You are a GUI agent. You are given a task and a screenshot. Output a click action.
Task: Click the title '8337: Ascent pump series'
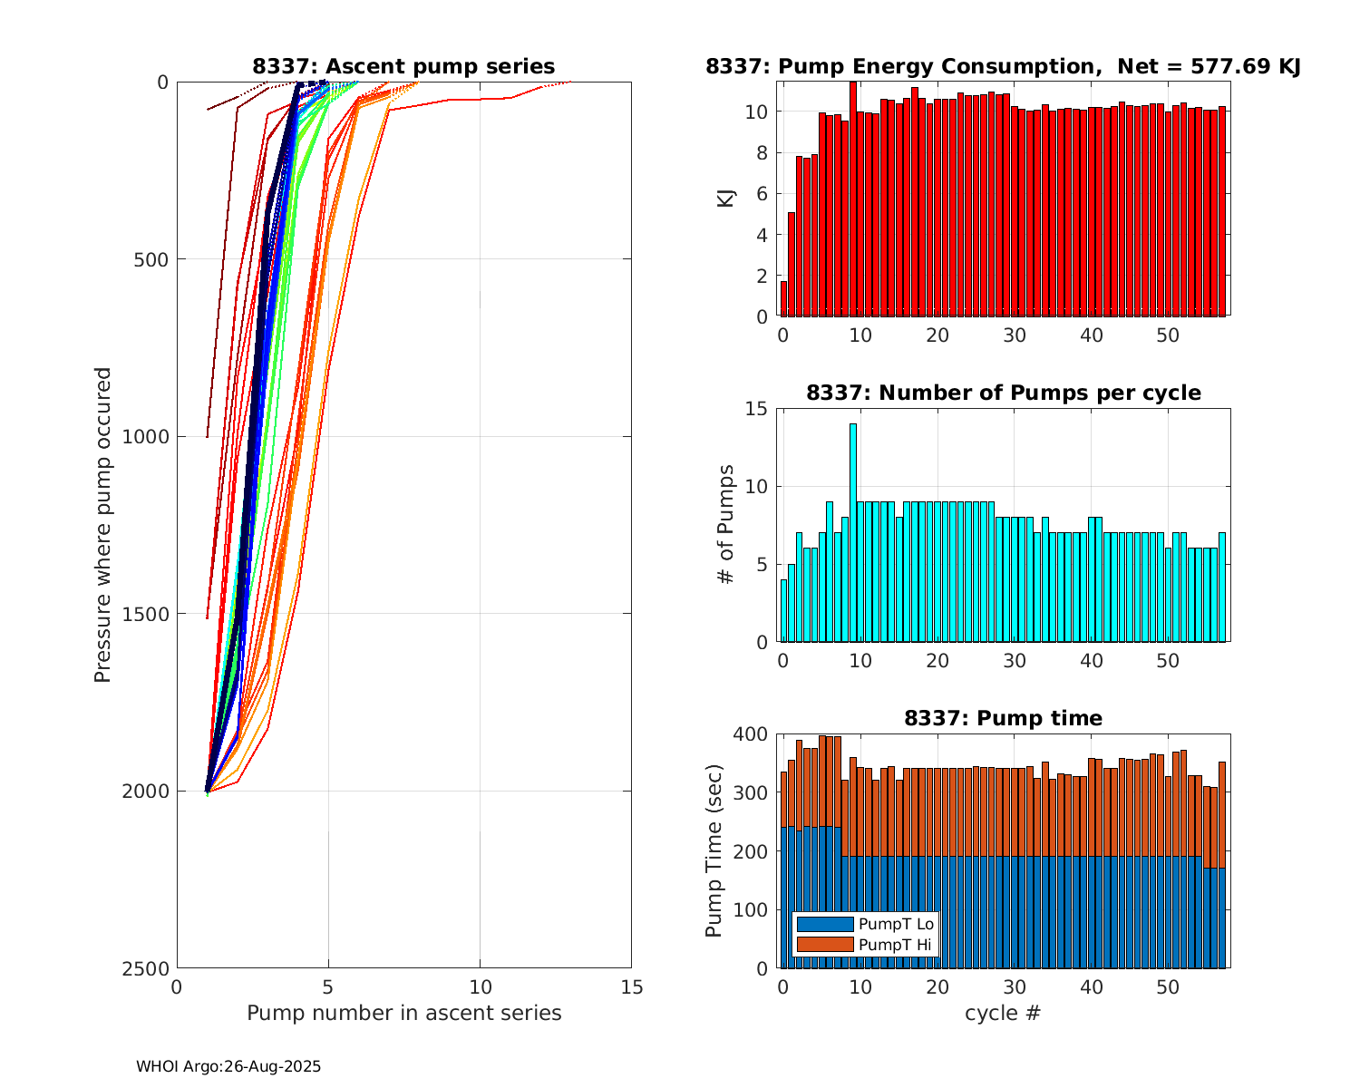(403, 66)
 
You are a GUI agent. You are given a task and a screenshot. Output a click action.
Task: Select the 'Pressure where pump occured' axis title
(103, 525)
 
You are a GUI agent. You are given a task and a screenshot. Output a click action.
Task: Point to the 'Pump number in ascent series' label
(403, 1013)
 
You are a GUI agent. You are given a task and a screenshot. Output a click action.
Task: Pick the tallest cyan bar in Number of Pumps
(852, 533)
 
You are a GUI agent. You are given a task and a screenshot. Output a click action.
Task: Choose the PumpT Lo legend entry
(865, 924)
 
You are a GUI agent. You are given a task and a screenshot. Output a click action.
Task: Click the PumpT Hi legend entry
(865, 945)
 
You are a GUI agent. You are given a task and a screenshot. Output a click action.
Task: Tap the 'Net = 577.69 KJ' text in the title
(1209, 66)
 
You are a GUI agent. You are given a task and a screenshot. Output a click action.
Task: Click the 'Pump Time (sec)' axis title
(714, 851)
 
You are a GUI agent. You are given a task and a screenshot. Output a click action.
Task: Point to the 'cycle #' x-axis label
(1002, 1013)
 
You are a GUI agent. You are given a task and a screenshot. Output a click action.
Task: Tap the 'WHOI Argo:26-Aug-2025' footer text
(228, 1067)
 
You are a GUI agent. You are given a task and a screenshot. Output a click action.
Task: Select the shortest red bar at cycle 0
(783, 299)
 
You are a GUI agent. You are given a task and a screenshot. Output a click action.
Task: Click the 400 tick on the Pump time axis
(752, 733)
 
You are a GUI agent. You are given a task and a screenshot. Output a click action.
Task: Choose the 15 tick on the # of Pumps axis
(757, 409)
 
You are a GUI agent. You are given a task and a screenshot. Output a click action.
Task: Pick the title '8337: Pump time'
(1003, 719)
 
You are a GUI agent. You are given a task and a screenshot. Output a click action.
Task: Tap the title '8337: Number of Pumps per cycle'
(1003, 393)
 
